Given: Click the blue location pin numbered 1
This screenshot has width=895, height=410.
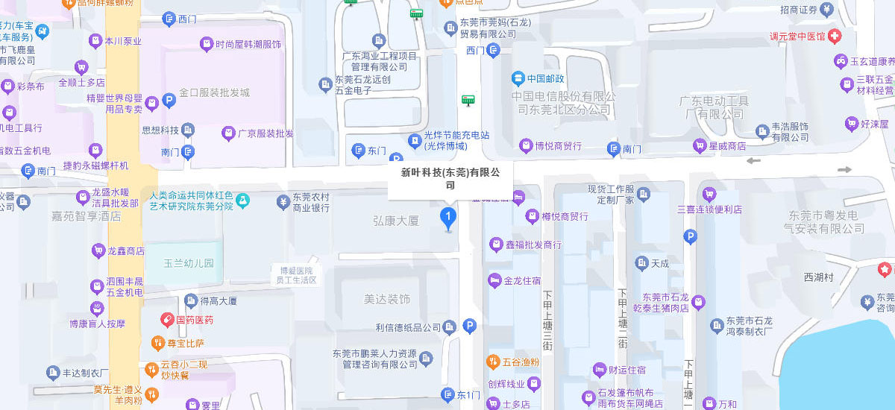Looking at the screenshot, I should pyautogui.click(x=448, y=219).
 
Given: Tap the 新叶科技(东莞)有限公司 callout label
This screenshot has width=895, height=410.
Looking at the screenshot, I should pyautogui.click(x=450, y=179).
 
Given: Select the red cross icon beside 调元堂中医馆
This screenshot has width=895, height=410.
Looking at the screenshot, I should pyautogui.click(x=834, y=36).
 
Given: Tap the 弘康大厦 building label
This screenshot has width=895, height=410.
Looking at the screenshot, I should pyautogui.click(x=396, y=221).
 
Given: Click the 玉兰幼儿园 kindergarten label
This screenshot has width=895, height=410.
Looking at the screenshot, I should pyautogui.click(x=189, y=263).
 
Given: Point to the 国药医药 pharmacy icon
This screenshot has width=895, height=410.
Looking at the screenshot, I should pyautogui.click(x=168, y=320).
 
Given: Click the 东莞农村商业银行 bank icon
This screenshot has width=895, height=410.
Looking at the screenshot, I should pyautogui.click(x=283, y=201).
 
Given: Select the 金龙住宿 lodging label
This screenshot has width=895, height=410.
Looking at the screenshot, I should pyautogui.click(x=522, y=281).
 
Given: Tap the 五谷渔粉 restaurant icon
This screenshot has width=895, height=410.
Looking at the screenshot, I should pyautogui.click(x=493, y=362).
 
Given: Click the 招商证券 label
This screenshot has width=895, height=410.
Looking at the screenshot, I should pyautogui.click(x=799, y=10).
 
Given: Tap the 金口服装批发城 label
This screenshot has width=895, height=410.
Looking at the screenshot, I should pyautogui.click(x=214, y=93).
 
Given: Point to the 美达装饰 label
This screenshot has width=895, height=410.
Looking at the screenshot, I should pyautogui.click(x=387, y=300).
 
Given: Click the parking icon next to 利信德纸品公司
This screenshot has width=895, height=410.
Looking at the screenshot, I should pyautogui.click(x=469, y=326).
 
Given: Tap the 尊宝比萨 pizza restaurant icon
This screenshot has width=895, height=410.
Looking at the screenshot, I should pyautogui.click(x=157, y=344).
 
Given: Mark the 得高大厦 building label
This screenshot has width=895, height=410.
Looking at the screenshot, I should pyautogui.click(x=219, y=301).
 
